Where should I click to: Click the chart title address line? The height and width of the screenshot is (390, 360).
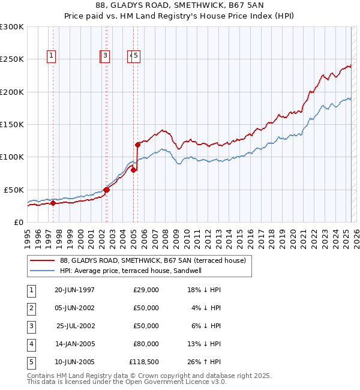point(180,5)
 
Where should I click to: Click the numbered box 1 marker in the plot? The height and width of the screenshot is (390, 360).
point(52,56)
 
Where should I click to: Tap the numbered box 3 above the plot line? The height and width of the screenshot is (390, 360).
point(106,56)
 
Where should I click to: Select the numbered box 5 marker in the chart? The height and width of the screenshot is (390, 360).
point(136,56)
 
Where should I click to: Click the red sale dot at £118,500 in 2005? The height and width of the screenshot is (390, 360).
point(137,145)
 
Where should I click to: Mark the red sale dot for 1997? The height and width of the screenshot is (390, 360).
point(53,203)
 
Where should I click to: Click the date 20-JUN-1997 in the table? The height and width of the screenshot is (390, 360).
point(74,290)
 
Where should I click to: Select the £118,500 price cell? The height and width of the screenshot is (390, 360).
point(144,362)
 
